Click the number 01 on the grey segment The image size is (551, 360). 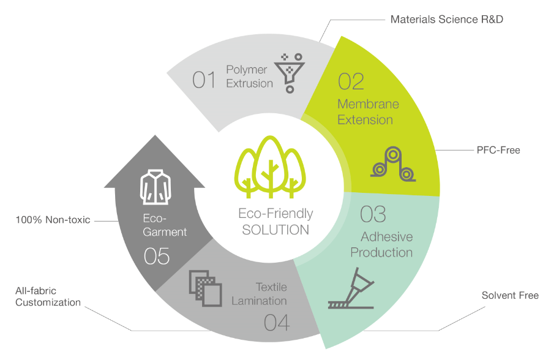204,80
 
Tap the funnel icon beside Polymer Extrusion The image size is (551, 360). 290,73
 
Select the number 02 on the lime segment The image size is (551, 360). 351,81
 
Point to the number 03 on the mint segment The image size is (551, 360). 373,214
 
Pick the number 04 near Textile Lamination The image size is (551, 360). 277,323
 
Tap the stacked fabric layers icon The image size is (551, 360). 206,288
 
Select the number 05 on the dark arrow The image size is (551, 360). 157,256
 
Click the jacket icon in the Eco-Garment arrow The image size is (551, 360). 156,187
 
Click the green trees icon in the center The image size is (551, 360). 270,167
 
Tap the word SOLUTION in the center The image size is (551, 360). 275,230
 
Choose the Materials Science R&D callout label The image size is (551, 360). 447,20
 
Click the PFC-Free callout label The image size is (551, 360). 498,150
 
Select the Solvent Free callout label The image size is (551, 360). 510,295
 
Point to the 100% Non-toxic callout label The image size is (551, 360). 53,220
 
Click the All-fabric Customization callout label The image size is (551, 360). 48,296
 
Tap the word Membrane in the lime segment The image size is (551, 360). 368,104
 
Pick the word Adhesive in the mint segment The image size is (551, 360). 386,236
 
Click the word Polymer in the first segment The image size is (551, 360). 246,70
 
